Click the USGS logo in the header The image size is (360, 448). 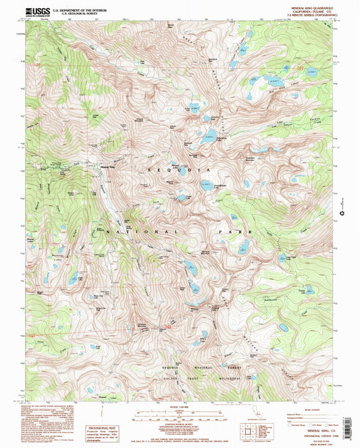[38, 11]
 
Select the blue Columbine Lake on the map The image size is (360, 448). [210, 132]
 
